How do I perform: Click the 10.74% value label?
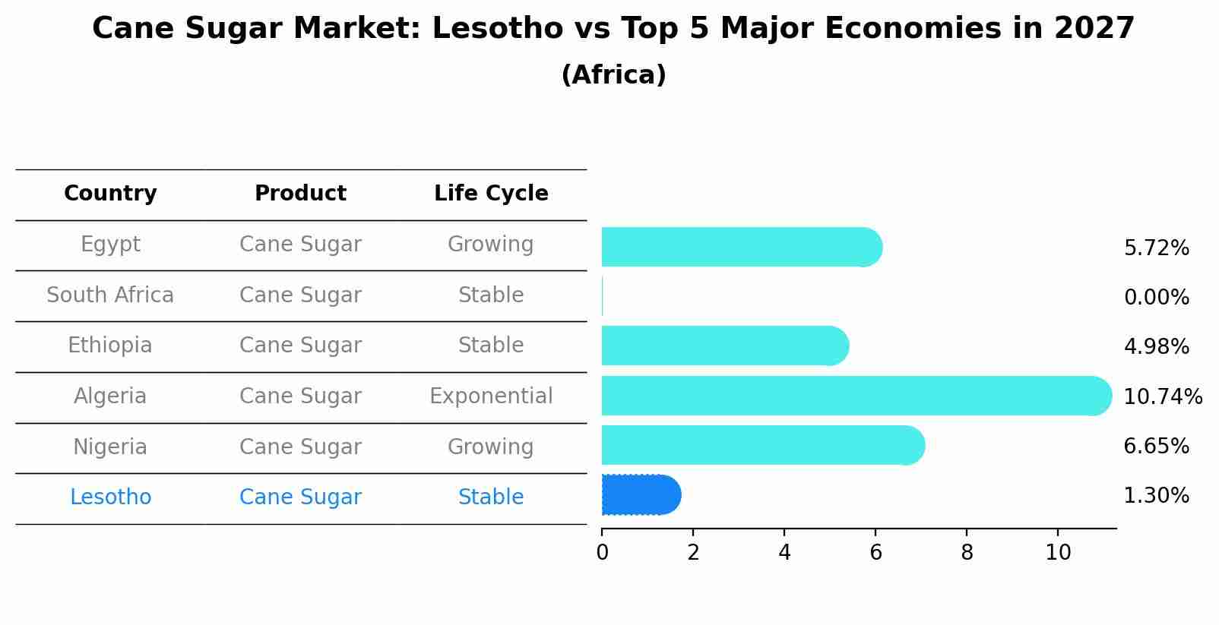[1162, 397]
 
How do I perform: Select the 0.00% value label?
[1156, 298]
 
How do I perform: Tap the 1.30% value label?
[1156, 496]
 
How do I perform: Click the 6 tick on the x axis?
[875, 553]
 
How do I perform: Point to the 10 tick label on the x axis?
[1058, 553]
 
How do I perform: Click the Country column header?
[110, 194]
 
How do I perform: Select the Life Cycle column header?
[491, 194]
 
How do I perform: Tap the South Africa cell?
[110, 295]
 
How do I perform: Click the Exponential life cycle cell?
[491, 396]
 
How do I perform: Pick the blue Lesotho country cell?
[110, 497]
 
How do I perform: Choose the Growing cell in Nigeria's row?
[491, 447]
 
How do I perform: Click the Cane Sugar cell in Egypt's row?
[300, 245]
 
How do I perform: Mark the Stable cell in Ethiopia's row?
[491, 346]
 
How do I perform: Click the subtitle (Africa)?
[613, 75]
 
